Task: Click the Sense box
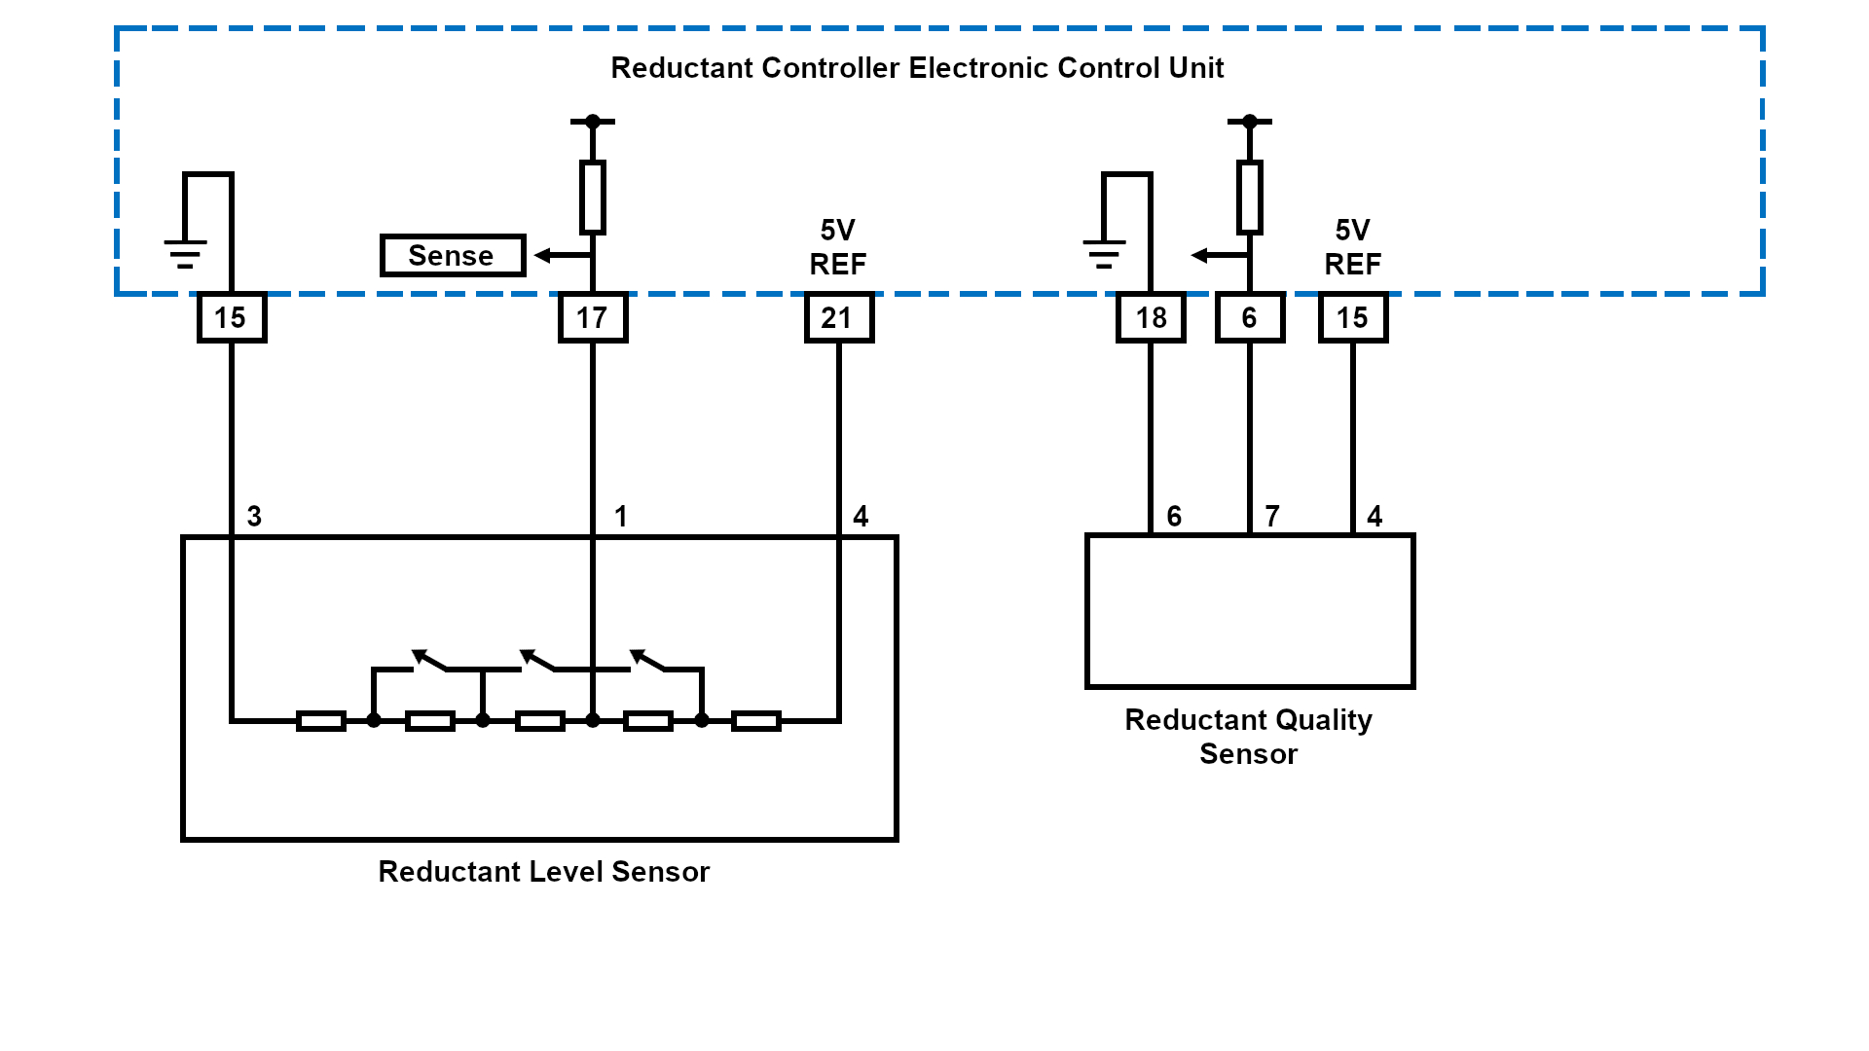point(452,256)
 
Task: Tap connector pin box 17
point(592,318)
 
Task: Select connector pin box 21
point(838,318)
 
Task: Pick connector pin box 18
point(1151,318)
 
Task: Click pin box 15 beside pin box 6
point(1352,318)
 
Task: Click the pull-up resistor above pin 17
point(592,198)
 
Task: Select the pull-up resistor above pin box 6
point(1250,198)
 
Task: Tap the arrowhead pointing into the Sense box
point(542,256)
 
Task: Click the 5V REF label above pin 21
point(838,247)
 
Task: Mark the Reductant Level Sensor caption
point(543,872)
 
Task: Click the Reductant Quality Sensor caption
point(1249,737)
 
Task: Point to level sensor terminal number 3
point(254,517)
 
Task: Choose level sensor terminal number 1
point(620,517)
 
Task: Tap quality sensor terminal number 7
point(1271,517)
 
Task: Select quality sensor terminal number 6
point(1174,517)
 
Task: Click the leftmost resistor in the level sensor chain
point(321,721)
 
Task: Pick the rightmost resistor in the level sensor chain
point(756,721)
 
